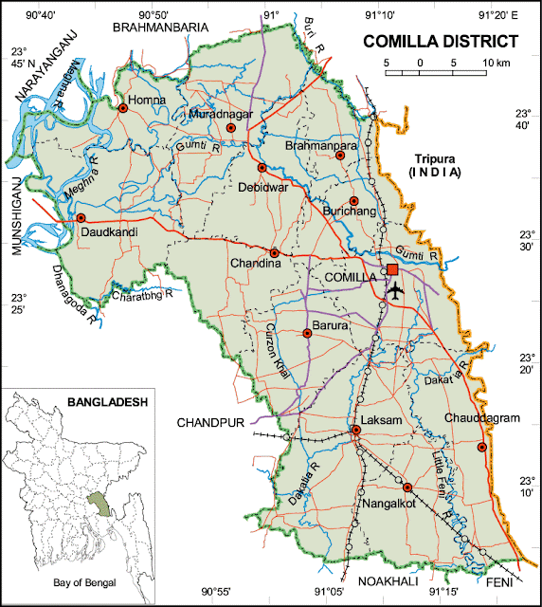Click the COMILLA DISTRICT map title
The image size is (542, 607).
click(442, 42)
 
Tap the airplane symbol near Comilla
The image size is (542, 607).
click(395, 290)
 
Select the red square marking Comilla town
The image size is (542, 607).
click(392, 270)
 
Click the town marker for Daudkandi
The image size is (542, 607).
click(81, 218)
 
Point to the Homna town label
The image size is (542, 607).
click(148, 99)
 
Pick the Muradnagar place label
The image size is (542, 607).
click(219, 114)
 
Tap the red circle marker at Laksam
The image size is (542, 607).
click(356, 431)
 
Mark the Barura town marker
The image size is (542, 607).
click(307, 334)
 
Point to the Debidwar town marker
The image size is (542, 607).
click(262, 168)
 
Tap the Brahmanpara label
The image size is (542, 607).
click(321, 146)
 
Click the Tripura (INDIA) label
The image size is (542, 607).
click(431, 165)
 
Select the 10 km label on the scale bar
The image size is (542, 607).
click(496, 63)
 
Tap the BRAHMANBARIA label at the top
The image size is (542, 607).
click(159, 28)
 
